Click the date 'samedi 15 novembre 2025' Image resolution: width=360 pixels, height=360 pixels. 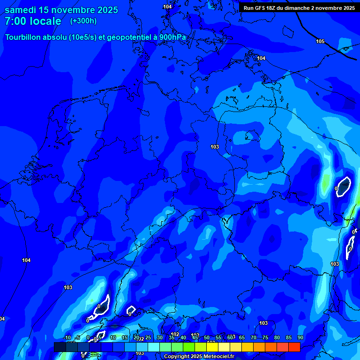pos(61,10)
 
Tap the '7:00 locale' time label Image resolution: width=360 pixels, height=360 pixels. pos(33,21)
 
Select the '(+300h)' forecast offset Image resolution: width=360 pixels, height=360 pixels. pos(83,21)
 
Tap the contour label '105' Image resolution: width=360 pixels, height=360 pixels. pos(320,42)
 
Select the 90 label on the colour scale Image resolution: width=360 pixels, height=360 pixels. pos(300,337)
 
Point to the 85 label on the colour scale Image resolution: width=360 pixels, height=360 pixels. pos(288,337)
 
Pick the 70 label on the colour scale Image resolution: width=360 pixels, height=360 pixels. pos(253,337)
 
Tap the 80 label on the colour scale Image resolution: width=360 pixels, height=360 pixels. pos(277,337)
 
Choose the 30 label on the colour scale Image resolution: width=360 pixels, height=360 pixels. pos(159,337)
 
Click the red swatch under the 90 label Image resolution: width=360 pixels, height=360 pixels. pos(294,347)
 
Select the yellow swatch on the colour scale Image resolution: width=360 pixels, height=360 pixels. pos(212,347)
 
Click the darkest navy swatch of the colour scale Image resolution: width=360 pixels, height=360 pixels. pos(60,347)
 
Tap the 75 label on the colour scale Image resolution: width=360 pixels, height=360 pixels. pos(265,337)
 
